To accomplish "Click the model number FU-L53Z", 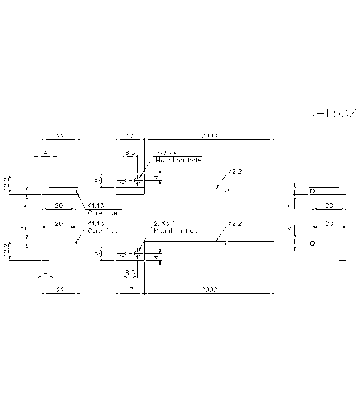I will tap(328, 113).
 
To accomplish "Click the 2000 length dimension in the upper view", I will tap(209, 136).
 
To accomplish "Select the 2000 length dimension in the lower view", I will tap(209, 289).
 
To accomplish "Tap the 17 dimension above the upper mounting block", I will tap(130, 136).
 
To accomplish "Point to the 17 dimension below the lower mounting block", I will tap(130, 289).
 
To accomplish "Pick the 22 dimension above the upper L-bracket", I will tap(60, 136).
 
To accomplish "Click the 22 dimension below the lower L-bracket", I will tap(60, 289).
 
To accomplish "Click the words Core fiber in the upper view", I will tap(104, 213).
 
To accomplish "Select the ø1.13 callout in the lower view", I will tap(96, 224).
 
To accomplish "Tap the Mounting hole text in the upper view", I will tap(178, 160).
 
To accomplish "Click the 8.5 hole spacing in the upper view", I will tap(130, 153).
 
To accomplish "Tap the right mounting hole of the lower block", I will tap(137, 253).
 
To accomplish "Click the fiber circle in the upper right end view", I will tap(312, 191).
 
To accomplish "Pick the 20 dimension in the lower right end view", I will tap(329, 224).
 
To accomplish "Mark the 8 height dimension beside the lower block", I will tap(98, 253).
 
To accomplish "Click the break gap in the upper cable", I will tap(227, 190).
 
